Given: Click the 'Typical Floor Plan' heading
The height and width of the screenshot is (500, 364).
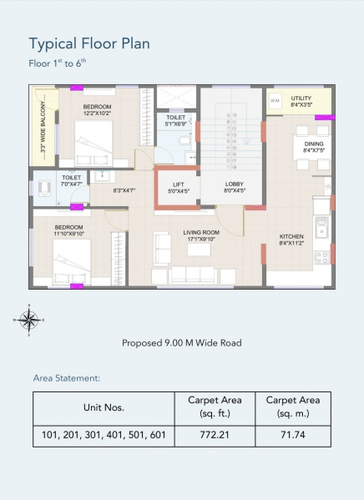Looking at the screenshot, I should (89, 43).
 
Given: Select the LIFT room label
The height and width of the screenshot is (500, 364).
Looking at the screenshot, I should (179, 187).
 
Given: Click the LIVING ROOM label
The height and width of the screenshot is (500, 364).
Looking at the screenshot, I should (201, 235).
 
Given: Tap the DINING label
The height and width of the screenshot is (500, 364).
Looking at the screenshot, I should (313, 147).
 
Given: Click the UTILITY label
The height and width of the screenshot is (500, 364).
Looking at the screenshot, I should (301, 101).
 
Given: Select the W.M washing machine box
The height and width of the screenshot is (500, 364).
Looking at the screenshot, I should (275, 101).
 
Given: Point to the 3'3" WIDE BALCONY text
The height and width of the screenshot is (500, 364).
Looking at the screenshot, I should (43, 126).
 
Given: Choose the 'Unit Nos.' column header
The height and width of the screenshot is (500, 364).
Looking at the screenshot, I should (104, 407).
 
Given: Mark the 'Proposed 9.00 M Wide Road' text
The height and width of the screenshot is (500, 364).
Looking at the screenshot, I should (181, 343).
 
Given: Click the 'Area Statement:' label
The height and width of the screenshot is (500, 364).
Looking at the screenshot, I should (67, 378).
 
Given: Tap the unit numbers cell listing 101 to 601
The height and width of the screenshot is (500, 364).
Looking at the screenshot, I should (104, 435).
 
